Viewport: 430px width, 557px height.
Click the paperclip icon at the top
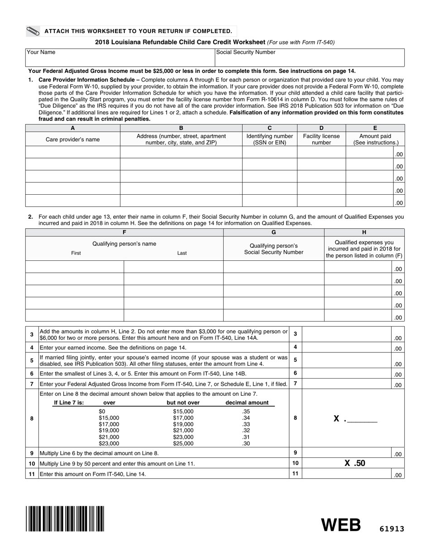point(33,31)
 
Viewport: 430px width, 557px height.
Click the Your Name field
point(119,58)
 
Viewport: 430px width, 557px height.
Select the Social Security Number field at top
point(309,58)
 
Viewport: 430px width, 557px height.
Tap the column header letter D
point(321,128)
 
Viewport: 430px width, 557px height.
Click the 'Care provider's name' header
point(72,139)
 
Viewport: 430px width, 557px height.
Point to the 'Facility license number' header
point(321,139)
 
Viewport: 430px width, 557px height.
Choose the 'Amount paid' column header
point(375,139)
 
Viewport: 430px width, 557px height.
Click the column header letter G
point(273,232)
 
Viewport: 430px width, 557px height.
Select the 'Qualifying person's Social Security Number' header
point(273,249)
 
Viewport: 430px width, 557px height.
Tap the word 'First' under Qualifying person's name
point(76,253)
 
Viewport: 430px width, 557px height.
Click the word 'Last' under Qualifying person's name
point(182,253)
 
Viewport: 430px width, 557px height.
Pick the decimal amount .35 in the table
point(246,412)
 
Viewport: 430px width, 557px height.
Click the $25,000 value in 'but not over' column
point(183,444)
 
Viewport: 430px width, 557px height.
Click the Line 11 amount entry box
point(346,474)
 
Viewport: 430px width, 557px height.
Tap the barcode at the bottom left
point(65,519)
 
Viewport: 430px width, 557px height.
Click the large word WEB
point(341,525)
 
